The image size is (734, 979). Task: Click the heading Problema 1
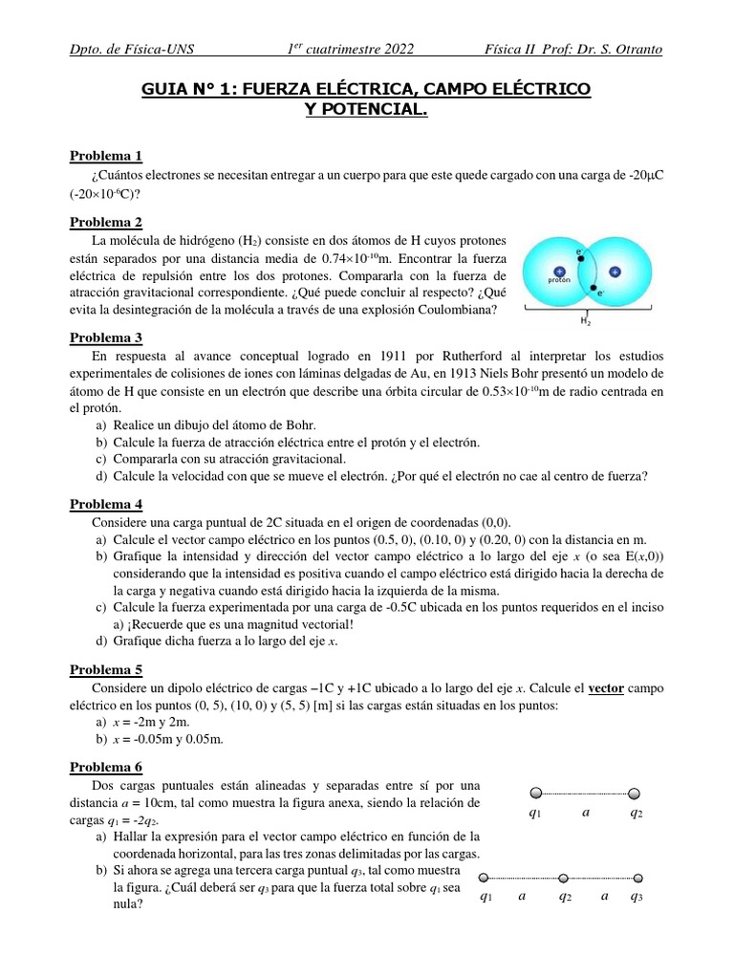tap(106, 156)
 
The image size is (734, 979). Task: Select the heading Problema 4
tap(106, 504)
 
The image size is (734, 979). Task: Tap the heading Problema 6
tap(106, 767)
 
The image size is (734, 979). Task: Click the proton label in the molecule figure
tap(559, 282)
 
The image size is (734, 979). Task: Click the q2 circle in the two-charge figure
tap(635, 793)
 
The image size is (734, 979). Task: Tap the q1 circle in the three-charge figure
tap(484, 877)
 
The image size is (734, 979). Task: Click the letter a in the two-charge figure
tap(586, 813)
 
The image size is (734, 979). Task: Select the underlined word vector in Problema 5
tap(606, 688)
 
